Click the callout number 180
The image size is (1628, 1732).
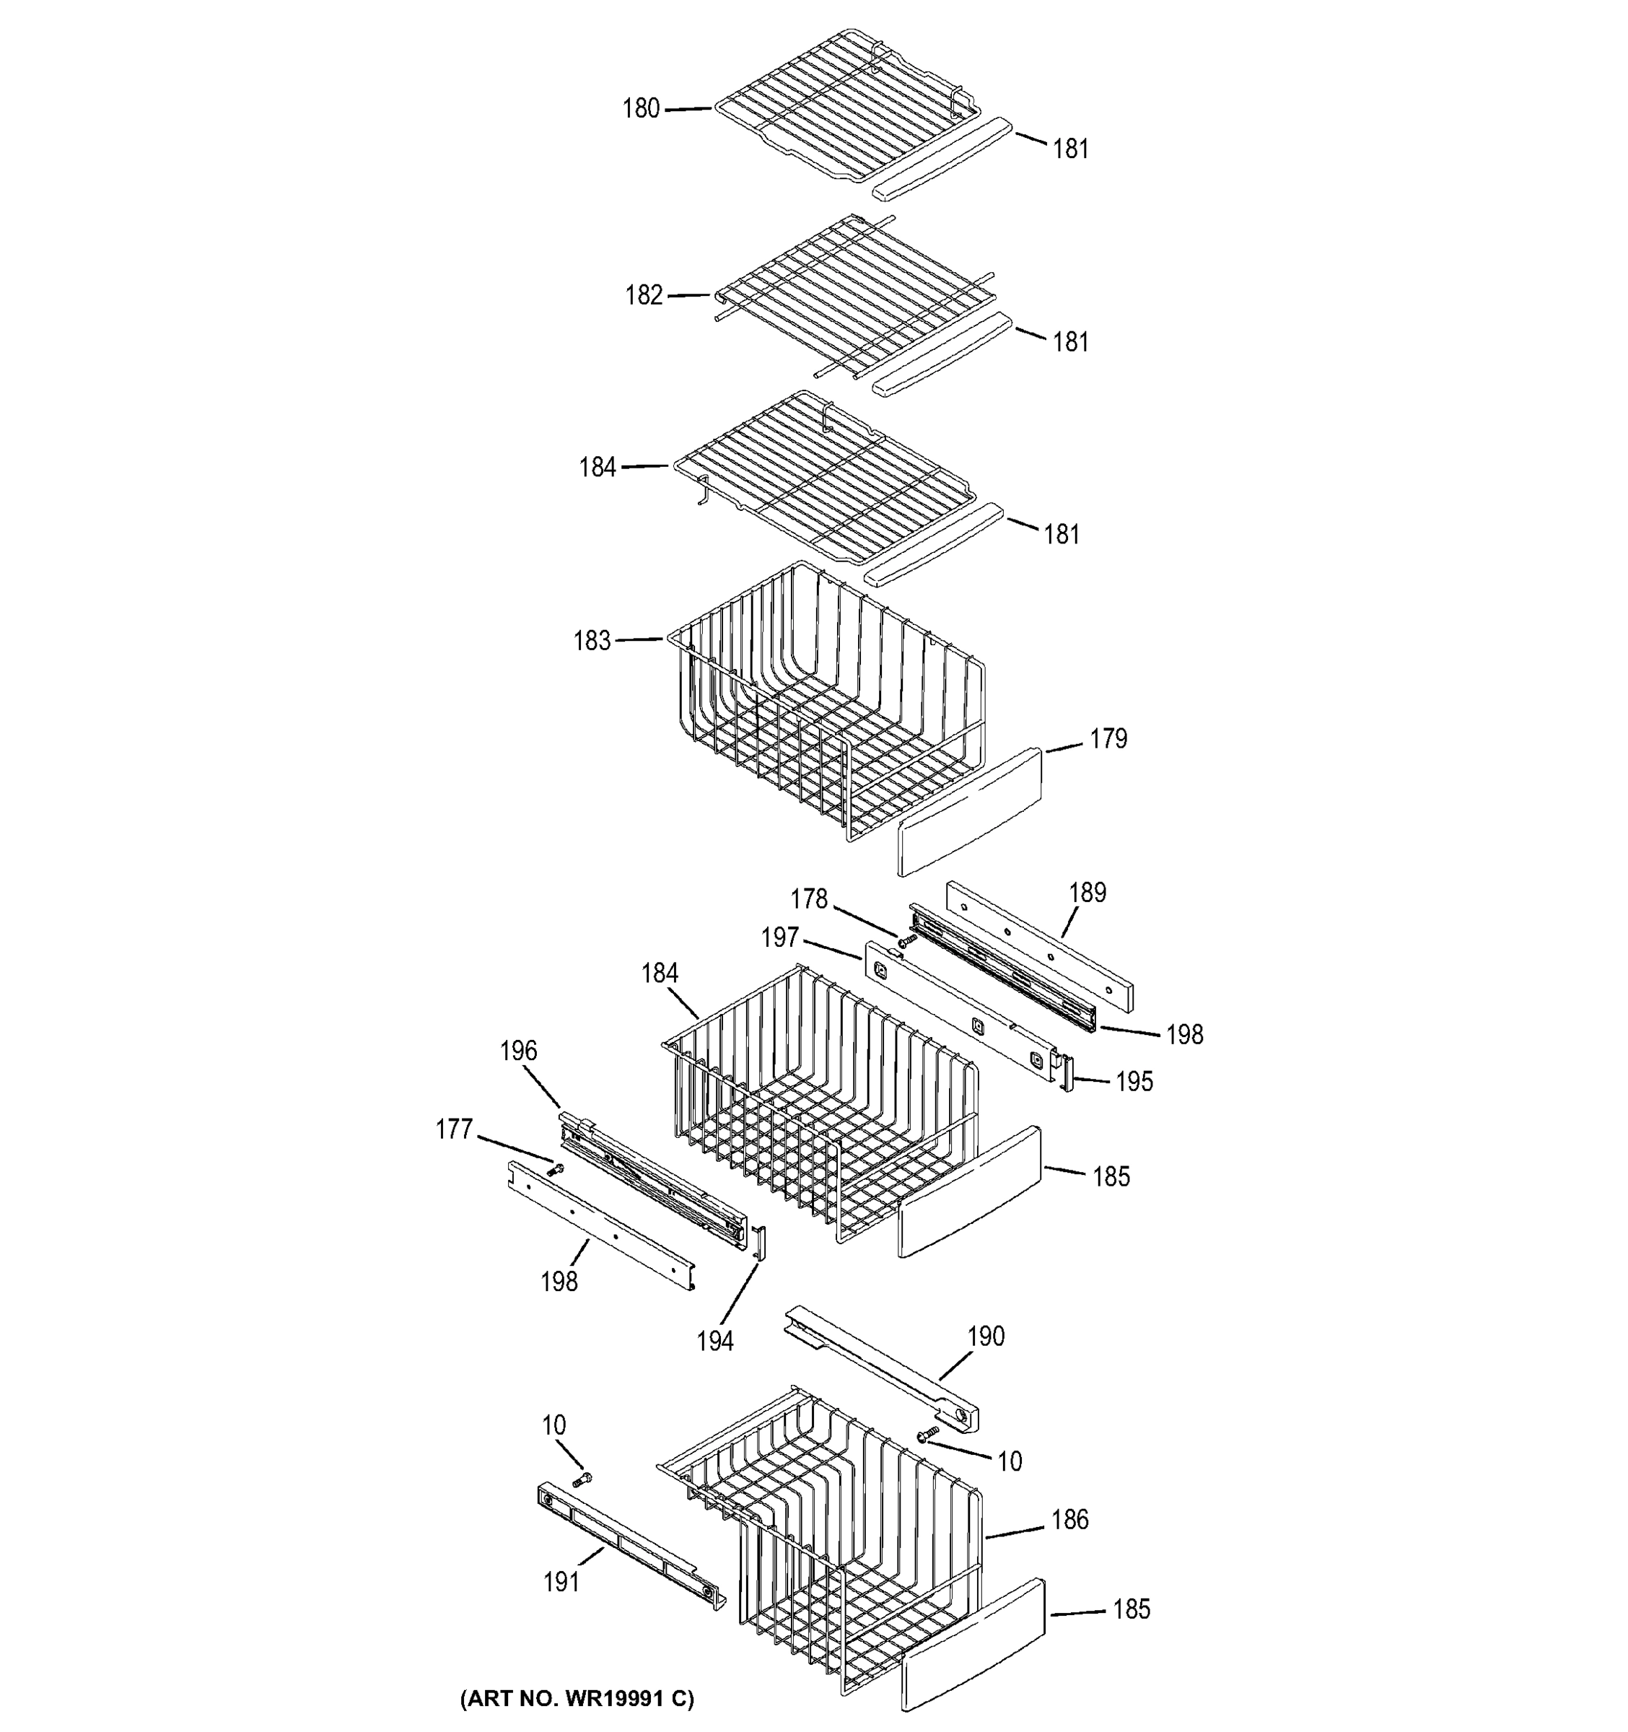pos(640,109)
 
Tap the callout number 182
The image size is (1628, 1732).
pos(644,295)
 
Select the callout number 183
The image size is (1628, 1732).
pos(592,642)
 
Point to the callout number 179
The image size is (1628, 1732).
pos(1108,739)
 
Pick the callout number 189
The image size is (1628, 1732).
pos(1087,892)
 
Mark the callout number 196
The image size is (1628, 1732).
pos(518,1051)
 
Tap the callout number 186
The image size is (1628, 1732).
pos(1069,1521)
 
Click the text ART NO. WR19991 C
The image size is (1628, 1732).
pos(577,1698)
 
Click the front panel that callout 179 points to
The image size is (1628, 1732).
pos(968,811)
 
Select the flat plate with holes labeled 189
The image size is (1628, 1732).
pos(1040,945)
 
